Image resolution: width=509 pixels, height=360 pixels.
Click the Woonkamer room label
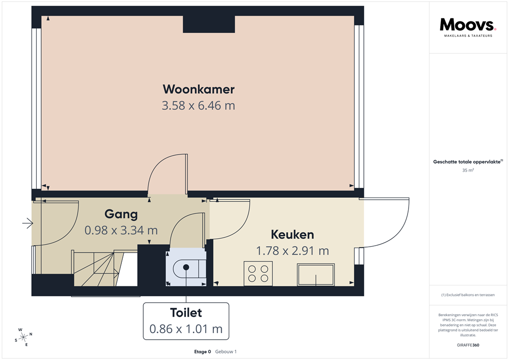pyautogui.click(x=198, y=90)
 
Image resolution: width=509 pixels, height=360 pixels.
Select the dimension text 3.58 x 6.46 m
pyautogui.click(x=198, y=106)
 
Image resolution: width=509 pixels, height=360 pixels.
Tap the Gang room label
pyautogui.click(x=121, y=214)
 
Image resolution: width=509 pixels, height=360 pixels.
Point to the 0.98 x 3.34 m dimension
pyautogui.click(x=121, y=230)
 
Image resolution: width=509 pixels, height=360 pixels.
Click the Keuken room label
pyautogui.click(x=292, y=235)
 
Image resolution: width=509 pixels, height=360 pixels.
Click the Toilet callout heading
pyautogui.click(x=186, y=313)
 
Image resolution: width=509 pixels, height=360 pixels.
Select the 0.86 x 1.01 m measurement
pyautogui.click(x=186, y=329)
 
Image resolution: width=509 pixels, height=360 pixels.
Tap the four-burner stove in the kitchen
pyautogui.click(x=258, y=273)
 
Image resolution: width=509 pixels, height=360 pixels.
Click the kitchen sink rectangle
pyautogui.click(x=316, y=274)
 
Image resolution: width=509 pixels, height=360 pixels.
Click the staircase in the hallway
pyautogui.click(x=98, y=269)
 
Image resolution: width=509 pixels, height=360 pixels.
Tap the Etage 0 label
pyautogui.click(x=202, y=352)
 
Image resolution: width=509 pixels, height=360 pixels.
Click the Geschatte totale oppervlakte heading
pyautogui.click(x=467, y=162)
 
